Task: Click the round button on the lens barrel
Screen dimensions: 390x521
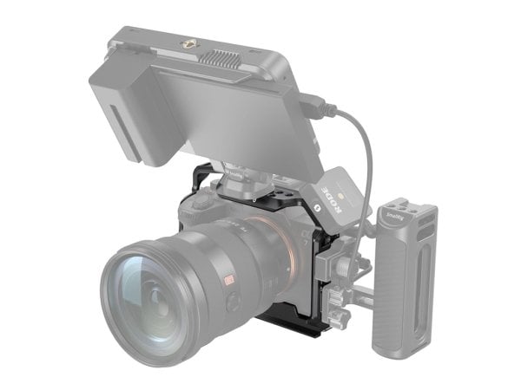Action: (233, 302)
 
